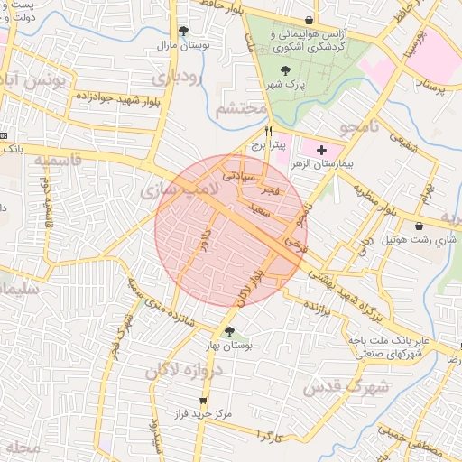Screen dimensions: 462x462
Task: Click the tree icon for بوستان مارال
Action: (184, 30)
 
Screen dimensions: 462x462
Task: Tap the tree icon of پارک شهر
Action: (286, 69)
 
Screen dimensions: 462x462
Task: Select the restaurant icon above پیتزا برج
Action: (268, 131)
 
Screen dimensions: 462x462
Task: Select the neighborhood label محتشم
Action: (242, 109)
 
